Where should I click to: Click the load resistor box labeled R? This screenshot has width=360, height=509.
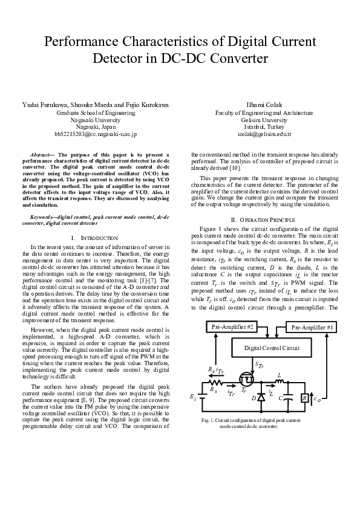[305, 398]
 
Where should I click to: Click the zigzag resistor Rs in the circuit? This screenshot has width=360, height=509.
[215, 382]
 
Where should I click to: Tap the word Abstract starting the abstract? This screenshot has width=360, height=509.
[42, 155]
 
